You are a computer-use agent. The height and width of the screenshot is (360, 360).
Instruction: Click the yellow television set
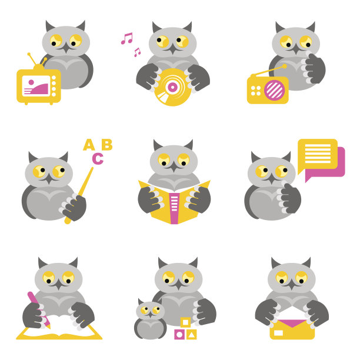(39, 86)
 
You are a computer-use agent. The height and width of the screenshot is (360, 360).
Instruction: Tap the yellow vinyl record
(173, 87)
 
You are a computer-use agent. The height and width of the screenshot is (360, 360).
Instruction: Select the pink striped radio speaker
(274, 90)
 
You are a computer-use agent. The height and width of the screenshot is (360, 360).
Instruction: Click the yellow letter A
(89, 145)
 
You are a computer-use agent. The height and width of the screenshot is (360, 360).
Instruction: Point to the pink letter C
(98, 158)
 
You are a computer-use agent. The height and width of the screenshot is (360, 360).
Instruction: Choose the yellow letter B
(107, 145)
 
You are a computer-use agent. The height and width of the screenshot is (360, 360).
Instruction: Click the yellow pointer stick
(79, 195)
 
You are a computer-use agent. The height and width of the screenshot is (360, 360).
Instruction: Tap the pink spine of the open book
(174, 208)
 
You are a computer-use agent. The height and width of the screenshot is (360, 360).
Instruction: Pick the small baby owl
(151, 319)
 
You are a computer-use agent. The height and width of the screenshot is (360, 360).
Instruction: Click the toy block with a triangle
(191, 335)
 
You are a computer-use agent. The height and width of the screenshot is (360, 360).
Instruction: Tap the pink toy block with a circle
(179, 335)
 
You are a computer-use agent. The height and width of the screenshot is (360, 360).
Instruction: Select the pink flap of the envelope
(292, 324)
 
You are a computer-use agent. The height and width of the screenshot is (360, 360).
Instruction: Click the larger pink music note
(127, 38)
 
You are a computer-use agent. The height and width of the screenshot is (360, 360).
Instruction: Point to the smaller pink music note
(137, 52)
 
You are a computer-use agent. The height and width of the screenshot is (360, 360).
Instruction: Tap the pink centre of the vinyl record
(173, 87)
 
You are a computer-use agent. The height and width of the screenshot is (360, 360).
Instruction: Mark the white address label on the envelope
(279, 333)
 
